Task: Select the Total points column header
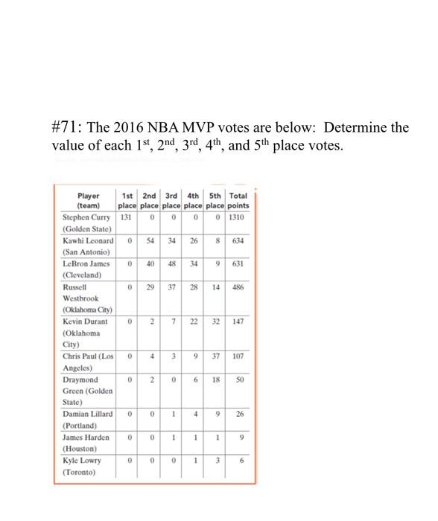[x=238, y=200]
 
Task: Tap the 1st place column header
[x=127, y=200]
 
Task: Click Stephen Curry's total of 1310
[x=238, y=218]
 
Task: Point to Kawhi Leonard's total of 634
[x=238, y=241]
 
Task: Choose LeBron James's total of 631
[x=238, y=264]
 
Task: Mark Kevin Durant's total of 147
[x=238, y=322]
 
